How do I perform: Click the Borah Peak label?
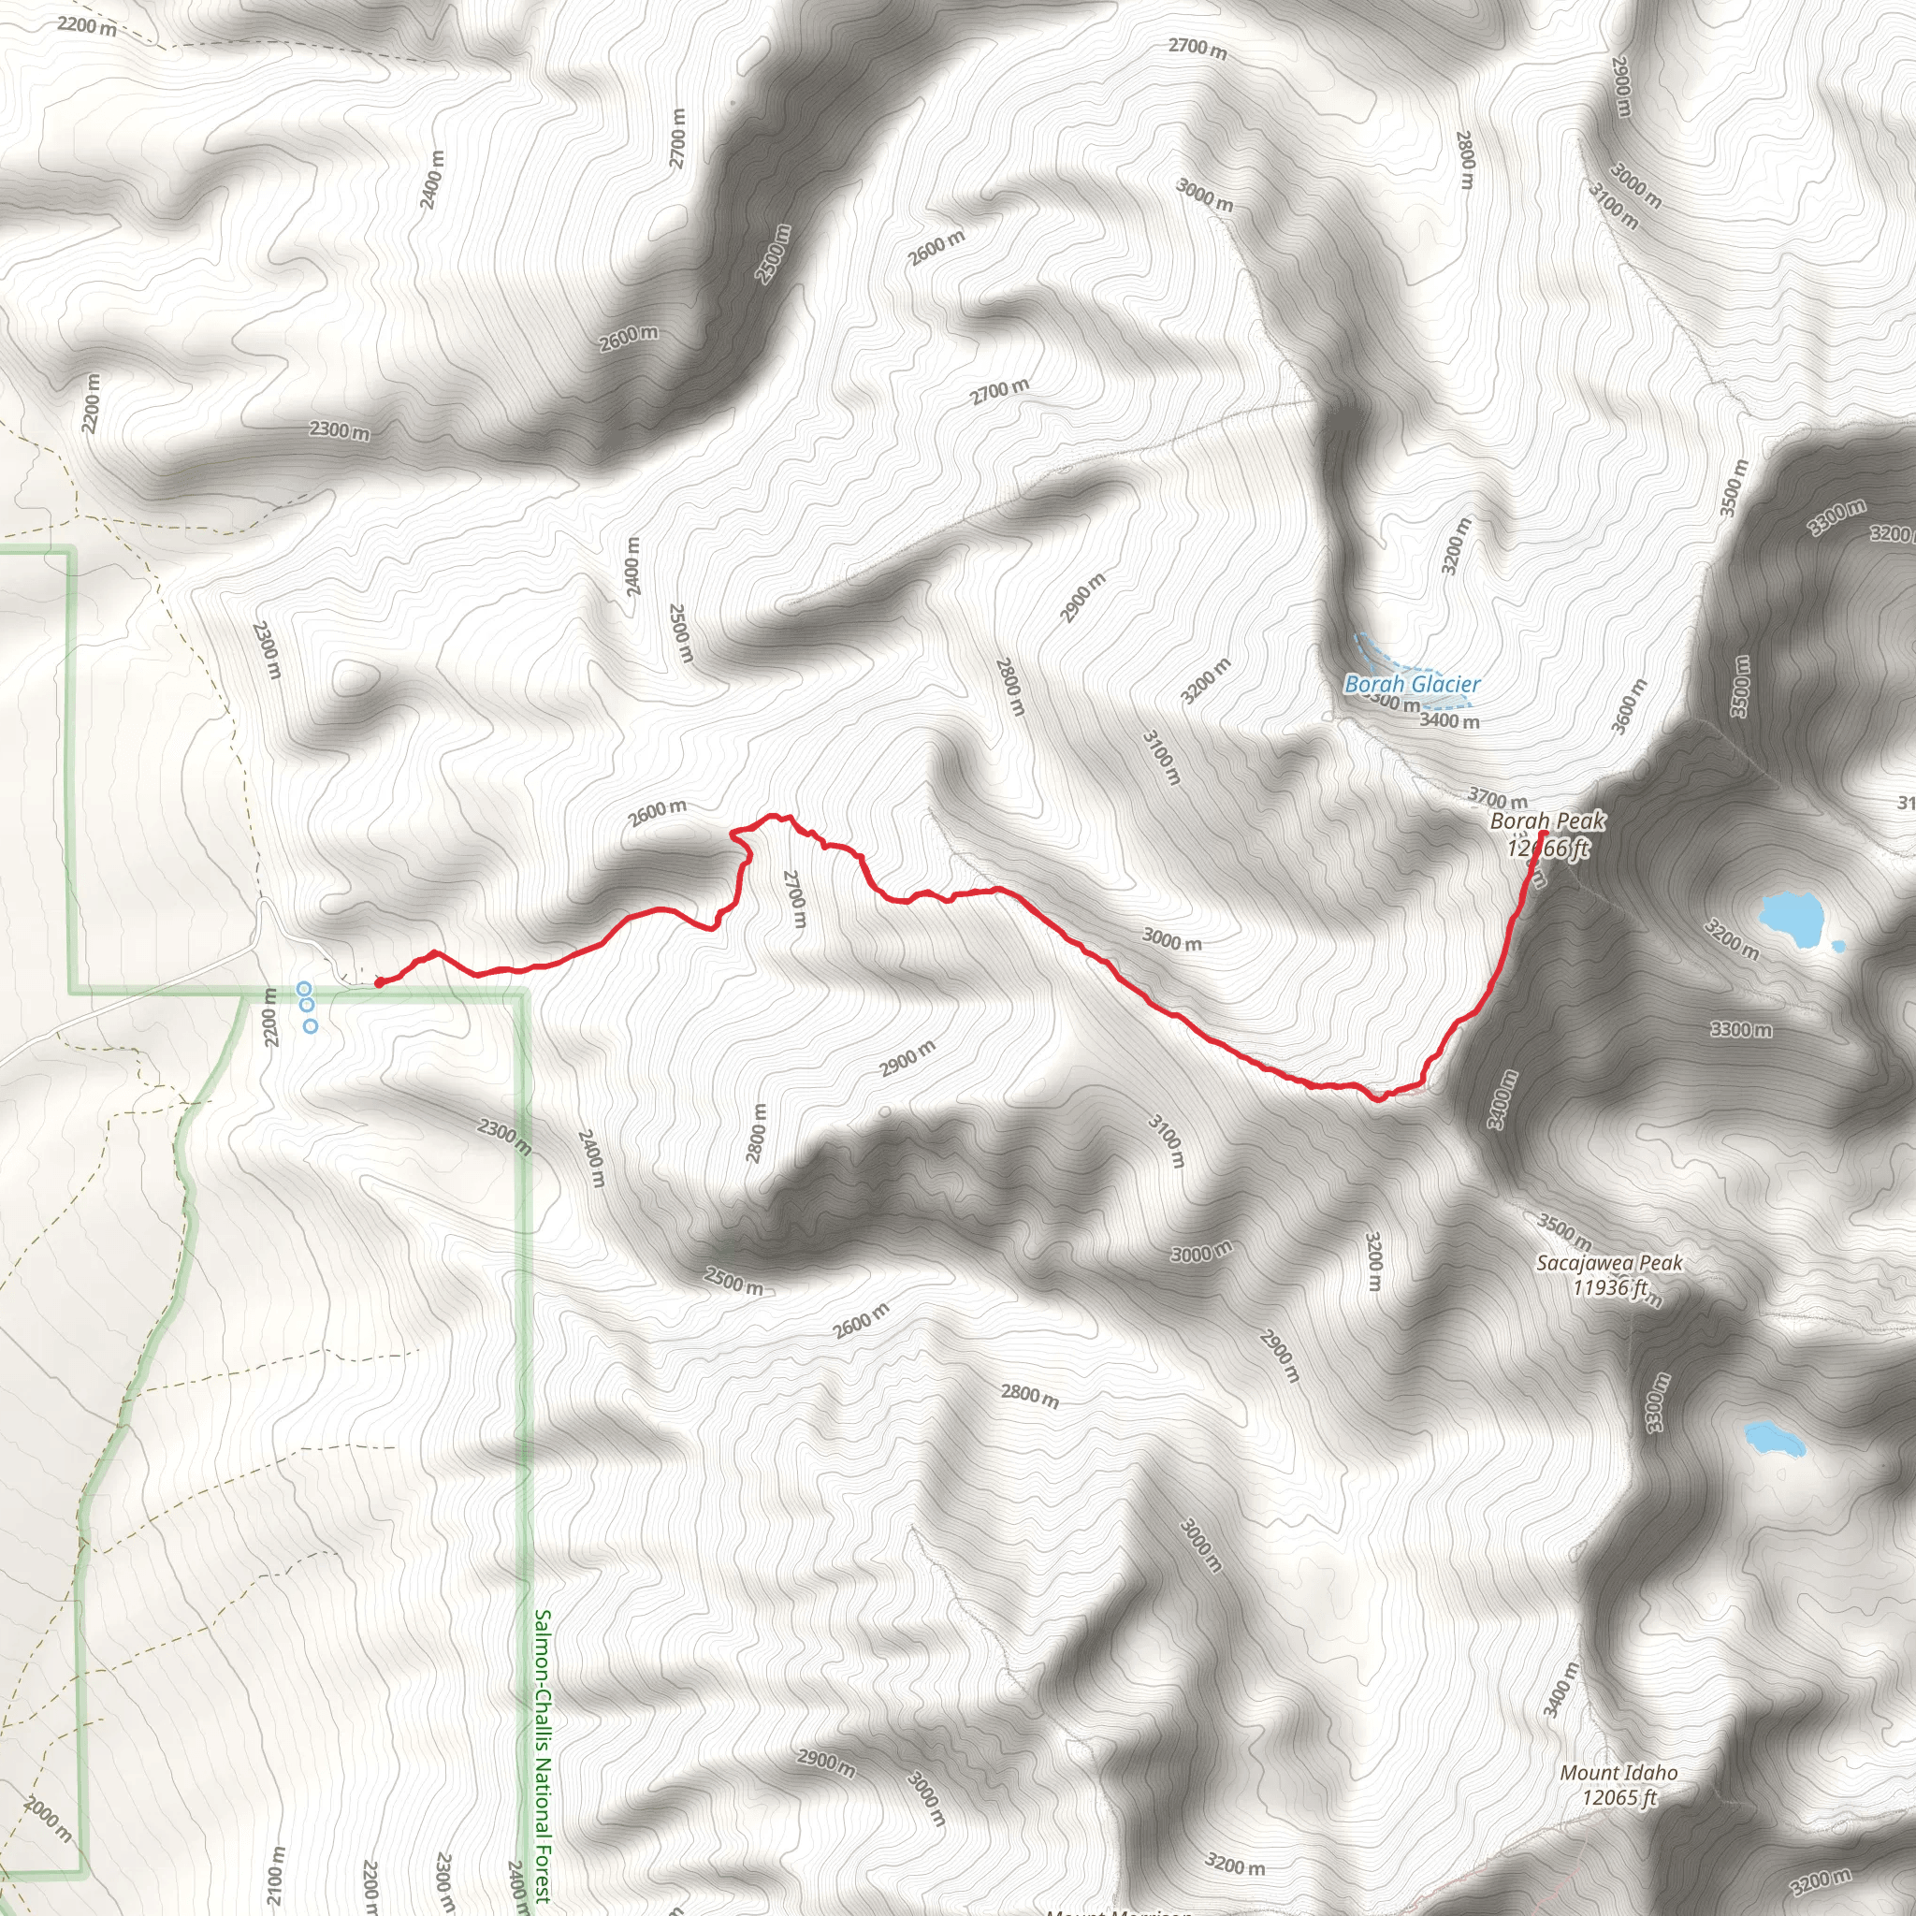click(1547, 821)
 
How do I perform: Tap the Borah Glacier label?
click(1411, 684)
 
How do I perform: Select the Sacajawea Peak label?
click(1608, 1263)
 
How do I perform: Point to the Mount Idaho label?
click(1618, 1772)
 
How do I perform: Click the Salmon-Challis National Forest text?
click(542, 1755)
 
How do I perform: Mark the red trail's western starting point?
click(379, 983)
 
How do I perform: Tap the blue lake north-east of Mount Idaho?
click(1773, 1437)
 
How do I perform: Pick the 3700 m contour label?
click(1498, 797)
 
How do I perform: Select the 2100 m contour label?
click(276, 1874)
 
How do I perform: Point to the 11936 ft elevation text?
click(1609, 1288)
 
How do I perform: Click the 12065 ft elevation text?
click(1618, 1797)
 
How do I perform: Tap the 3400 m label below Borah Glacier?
click(1449, 721)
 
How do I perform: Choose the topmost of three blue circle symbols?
click(304, 989)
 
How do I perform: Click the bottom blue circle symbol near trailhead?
click(311, 1026)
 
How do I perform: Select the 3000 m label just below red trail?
click(1171, 939)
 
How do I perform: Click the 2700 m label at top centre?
click(1197, 48)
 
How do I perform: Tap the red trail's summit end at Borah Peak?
click(1539, 835)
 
